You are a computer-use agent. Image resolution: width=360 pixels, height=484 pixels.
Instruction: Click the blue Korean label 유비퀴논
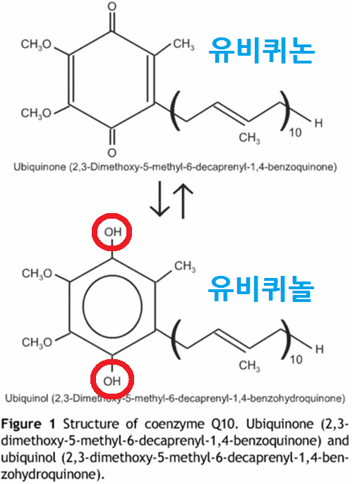coord(261,51)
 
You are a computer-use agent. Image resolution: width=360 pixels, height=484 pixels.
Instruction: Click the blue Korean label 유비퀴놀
coord(261,289)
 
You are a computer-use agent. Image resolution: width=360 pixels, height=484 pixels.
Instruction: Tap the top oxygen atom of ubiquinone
coord(112,6)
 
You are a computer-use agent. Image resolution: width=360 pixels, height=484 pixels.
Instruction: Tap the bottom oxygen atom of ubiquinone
coord(112,152)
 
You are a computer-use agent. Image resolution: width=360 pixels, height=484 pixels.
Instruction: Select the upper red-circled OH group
coord(112,232)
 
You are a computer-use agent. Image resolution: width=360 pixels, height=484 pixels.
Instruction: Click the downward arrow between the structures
coord(160,198)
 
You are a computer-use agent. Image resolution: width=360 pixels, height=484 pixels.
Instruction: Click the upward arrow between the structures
coord(183,200)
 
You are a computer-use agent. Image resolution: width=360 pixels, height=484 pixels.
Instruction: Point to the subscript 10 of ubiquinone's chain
coord(295,133)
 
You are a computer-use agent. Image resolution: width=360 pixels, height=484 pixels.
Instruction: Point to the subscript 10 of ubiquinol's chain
coord(296,360)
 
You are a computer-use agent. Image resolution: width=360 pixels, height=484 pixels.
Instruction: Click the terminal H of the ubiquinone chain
coord(318,123)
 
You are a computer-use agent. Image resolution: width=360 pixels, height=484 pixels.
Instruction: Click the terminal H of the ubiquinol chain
coord(319,349)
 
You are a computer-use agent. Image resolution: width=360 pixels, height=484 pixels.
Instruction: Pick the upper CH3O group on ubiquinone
coord(36,44)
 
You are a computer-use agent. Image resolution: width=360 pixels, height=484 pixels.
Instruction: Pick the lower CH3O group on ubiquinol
coord(37,342)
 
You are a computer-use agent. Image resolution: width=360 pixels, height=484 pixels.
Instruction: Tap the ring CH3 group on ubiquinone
coord(184,44)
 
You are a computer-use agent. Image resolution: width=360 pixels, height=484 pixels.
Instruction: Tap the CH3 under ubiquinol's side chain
coord(249,365)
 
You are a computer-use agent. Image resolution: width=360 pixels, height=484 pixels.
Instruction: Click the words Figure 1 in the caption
coord(28,425)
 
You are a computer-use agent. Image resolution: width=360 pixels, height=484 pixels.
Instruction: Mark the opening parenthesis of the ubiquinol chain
coord(176,340)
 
